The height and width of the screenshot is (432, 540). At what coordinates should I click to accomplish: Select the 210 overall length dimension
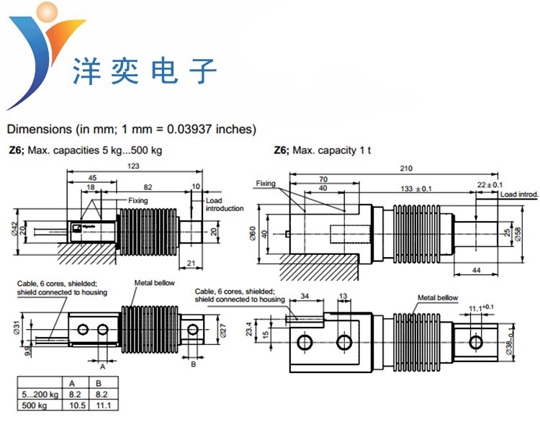[405, 168]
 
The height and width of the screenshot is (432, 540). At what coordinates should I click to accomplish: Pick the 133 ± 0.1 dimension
[416, 189]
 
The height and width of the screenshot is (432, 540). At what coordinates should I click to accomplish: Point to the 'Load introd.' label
[519, 195]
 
